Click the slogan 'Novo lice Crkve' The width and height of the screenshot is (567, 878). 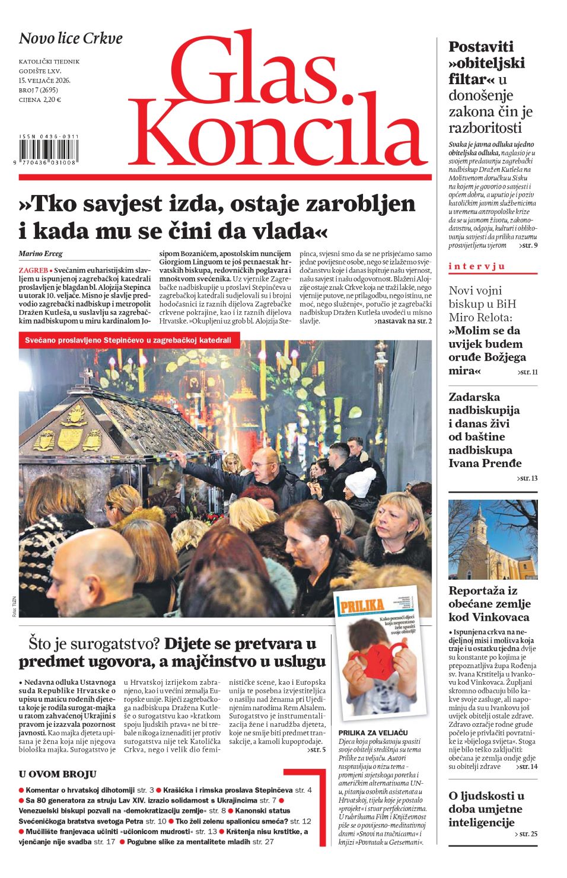pos(71,39)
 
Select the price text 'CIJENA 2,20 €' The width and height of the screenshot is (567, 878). pos(40,100)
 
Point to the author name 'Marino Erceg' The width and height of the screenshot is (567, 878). pos(40,254)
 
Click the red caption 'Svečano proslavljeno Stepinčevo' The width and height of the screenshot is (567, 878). pos(128,340)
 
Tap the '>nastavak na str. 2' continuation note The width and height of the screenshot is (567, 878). pos(403,321)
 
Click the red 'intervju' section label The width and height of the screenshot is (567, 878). pos(477,266)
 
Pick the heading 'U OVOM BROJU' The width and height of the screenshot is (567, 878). pos(58,774)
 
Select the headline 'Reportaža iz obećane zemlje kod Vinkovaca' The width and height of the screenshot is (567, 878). pos(489,604)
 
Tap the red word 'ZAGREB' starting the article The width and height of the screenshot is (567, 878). pos(33,270)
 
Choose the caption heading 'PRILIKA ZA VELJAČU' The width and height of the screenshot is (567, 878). pos(373,733)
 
